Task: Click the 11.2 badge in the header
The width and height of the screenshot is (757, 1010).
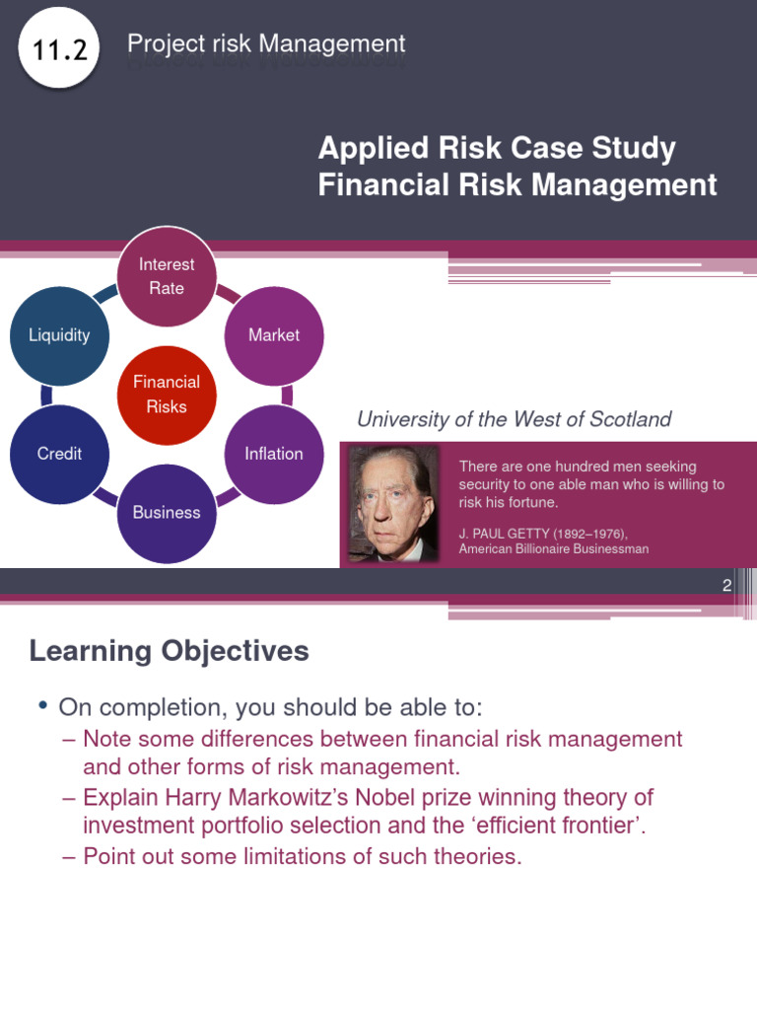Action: pos(59,49)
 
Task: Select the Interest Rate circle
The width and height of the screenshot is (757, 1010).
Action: pos(167,276)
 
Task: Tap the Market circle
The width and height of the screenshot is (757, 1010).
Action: pos(274,335)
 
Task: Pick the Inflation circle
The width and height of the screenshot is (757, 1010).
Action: pos(274,454)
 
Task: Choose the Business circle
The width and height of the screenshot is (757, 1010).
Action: pos(167,513)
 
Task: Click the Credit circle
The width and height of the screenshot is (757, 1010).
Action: pos(59,454)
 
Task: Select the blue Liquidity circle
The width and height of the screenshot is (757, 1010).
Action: pos(59,335)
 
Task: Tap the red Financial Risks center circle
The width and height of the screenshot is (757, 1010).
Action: pos(167,395)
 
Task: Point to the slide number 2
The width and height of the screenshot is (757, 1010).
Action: pos(726,585)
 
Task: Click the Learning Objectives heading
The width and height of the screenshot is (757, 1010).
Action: pos(169,651)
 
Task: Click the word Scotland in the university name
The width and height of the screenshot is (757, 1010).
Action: pos(632,419)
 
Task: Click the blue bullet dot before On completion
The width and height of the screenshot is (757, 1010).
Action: pos(42,706)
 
